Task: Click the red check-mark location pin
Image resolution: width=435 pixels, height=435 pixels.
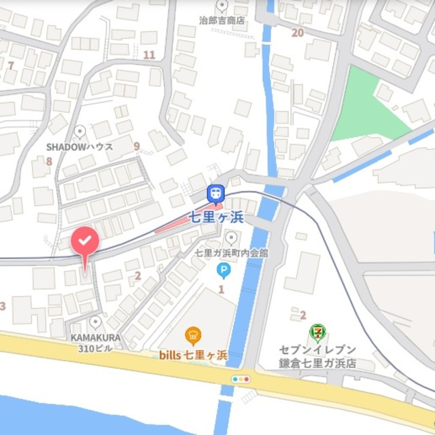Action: pos(85,241)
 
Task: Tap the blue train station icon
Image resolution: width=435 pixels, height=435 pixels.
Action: pos(216,193)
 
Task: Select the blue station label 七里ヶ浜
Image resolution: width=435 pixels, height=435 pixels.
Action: pos(216,219)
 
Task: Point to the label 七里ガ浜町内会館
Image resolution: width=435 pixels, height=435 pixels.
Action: pos(231,253)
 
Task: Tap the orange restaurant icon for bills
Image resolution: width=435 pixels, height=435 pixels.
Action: pos(194,334)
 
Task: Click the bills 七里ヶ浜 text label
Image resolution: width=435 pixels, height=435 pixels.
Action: pos(193,355)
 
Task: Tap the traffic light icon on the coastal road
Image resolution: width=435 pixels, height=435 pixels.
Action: pos(241,379)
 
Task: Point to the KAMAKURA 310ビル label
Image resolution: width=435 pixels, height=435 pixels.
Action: pos(95,342)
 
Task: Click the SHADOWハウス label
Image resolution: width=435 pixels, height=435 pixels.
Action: pos(80,146)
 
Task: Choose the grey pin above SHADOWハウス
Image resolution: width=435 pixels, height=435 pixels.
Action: pos(80,130)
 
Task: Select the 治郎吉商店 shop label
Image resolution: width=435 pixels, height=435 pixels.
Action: pos(222,20)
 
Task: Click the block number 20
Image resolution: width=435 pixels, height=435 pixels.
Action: pos(297,33)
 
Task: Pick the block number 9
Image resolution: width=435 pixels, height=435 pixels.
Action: pos(137,146)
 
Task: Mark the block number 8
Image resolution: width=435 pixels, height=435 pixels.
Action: pos(49,162)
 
